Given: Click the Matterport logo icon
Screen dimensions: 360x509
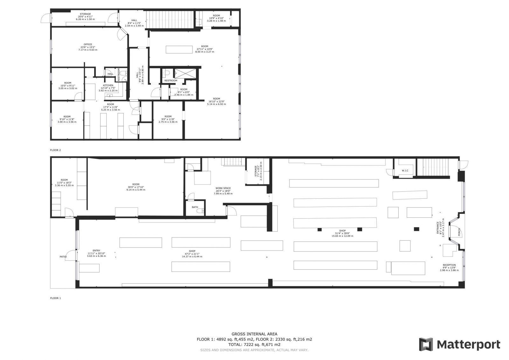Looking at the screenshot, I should pyautogui.click(x=426, y=344).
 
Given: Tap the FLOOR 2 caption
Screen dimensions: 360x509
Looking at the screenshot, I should pyautogui.click(x=55, y=150).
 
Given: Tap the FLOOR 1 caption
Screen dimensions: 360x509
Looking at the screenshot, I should pyautogui.click(x=55, y=298).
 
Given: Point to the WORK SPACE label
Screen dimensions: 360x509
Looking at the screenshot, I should pyautogui.click(x=223, y=188).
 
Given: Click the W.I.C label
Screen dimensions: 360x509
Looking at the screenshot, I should pyautogui.click(x=405, y=171).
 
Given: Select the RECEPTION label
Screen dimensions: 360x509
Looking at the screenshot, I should pyautogui.click(x=449, y=265).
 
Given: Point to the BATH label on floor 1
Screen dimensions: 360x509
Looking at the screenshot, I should pyautogui.click(x=195, y=207).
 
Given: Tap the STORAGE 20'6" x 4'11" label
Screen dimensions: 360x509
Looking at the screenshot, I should pyautogui.click(x=85, y=14).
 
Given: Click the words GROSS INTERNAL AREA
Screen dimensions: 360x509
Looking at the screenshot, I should pyautogui.click(x=254, y=334).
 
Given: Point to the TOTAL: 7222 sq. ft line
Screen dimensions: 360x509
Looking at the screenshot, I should pyautogui.click(x=254, y=344).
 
